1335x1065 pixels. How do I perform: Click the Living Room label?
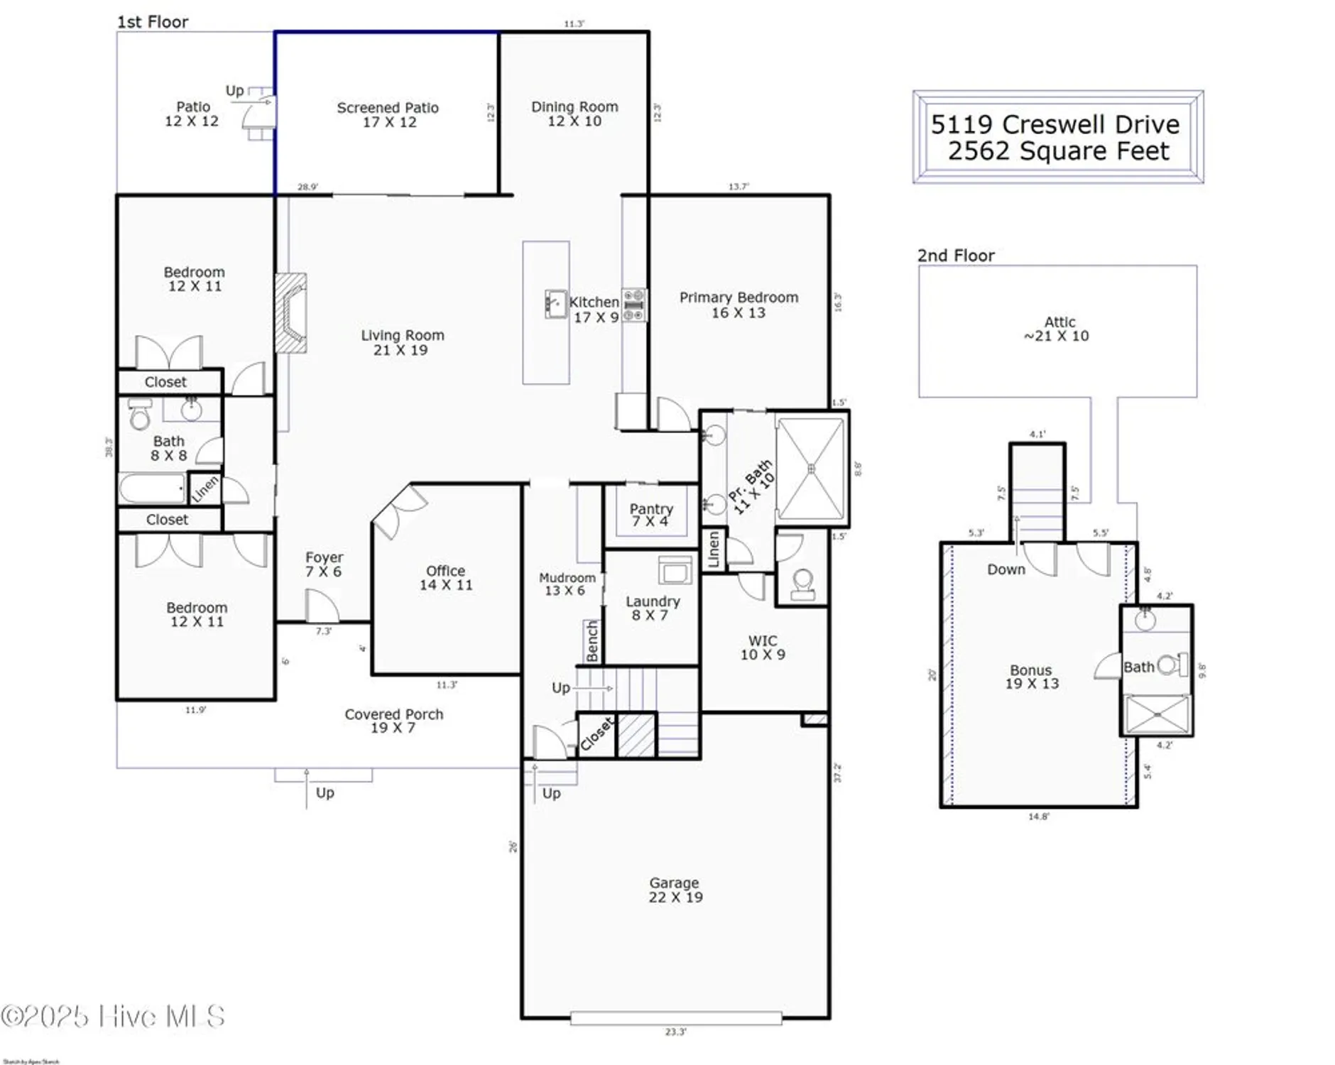(402, 342)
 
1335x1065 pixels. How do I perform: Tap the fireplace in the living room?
(291, 313)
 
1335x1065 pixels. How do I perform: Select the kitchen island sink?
(555, 304)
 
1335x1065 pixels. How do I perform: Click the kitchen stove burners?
(634, 305)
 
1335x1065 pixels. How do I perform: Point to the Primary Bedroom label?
(739, 305)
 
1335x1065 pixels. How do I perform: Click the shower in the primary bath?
(811, 469)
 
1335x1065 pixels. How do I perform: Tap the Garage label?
(675, 890)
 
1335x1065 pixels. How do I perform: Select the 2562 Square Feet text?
(1058, 151)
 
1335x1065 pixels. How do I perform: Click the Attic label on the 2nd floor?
(1058, 329)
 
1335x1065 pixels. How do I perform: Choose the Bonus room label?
(1031, 677)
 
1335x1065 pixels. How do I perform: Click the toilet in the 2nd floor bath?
(1172, 665)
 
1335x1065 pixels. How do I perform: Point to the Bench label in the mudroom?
(593, 641)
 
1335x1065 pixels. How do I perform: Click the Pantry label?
(650, 515)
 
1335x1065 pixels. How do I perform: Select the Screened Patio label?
(388, 114)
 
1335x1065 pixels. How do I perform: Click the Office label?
(445, 577)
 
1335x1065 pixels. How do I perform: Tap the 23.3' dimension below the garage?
(675, 1032)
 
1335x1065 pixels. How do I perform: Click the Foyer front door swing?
(322, 607)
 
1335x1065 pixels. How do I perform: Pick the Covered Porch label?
(393, 721)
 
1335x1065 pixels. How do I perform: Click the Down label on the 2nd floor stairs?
(1006, 569)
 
